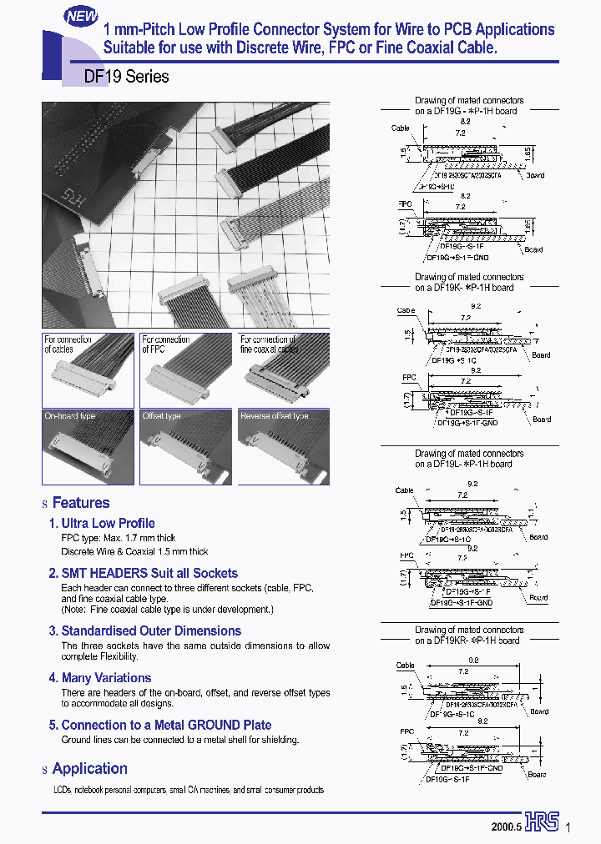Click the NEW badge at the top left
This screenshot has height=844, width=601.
click(82, 16)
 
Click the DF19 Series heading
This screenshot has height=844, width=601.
click(127, 77)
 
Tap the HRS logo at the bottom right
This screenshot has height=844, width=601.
click(543, 822)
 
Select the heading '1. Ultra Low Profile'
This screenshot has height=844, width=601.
click(102, 523)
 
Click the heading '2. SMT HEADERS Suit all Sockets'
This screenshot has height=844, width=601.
click(143, 573)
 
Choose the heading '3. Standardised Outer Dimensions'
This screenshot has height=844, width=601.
click(144, 630)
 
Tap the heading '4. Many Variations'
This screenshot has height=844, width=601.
click(100, 678)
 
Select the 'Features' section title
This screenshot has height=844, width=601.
click(80, 503)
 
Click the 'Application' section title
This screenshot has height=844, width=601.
click(89, 768)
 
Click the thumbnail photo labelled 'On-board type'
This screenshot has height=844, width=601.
click(88, 446)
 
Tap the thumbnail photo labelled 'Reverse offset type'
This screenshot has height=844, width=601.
click(284, 446)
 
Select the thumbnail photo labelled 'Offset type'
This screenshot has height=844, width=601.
click(186, 446)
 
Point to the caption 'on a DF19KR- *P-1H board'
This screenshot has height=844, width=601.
click(468, 641)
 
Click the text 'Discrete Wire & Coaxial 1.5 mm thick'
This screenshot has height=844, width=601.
click(134, 551)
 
